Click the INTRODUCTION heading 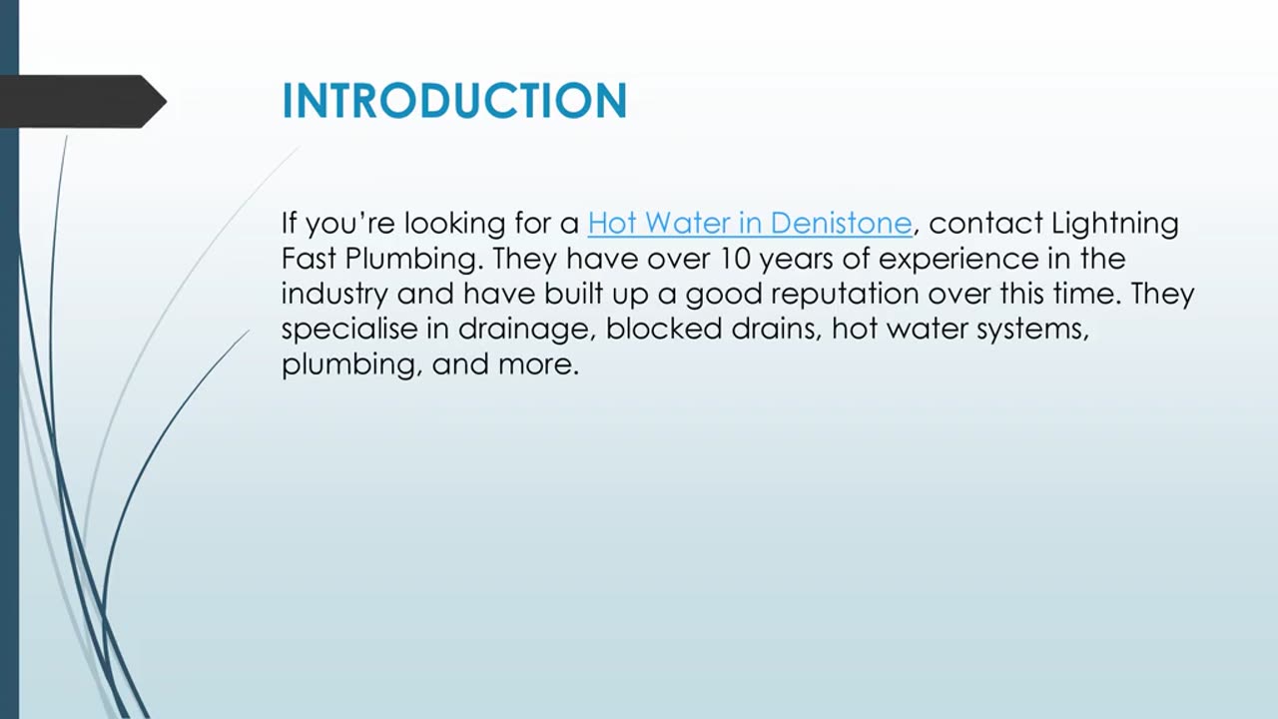454,101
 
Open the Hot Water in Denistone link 750,223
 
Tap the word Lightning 1114,223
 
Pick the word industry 334,294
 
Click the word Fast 308,259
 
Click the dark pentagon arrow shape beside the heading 85,101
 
